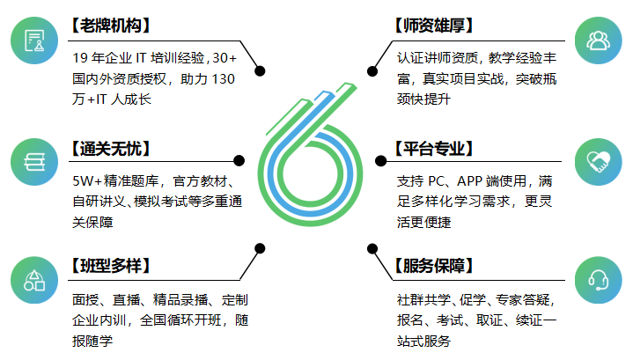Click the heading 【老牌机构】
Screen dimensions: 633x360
pos(111,26)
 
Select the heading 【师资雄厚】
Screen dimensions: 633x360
pos(434,26)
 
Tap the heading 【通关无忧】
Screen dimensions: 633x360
pos(111,149)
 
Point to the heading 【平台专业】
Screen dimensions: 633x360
pos(434,149)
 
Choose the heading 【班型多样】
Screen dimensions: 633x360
pos(111,266)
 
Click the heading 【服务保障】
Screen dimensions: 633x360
pos(434,266)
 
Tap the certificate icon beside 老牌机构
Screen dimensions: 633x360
pos(34,40)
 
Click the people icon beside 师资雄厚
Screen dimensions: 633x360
pos(599,40)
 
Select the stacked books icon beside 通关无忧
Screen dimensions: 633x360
pos(34,162)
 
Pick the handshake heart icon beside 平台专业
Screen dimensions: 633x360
pos(599,162)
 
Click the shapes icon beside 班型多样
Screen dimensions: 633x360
pos(34,280)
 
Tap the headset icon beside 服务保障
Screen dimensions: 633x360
pos(599,280)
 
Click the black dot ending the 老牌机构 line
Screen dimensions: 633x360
pos(260,71)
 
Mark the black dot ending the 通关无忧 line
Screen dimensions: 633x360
pos(239,160)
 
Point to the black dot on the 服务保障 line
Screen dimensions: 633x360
pos(372,248)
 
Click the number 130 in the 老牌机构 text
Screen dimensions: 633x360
pos(224,78)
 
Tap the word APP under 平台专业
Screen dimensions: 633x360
pos(469,181)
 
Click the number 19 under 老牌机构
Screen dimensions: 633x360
pos(80,58)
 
